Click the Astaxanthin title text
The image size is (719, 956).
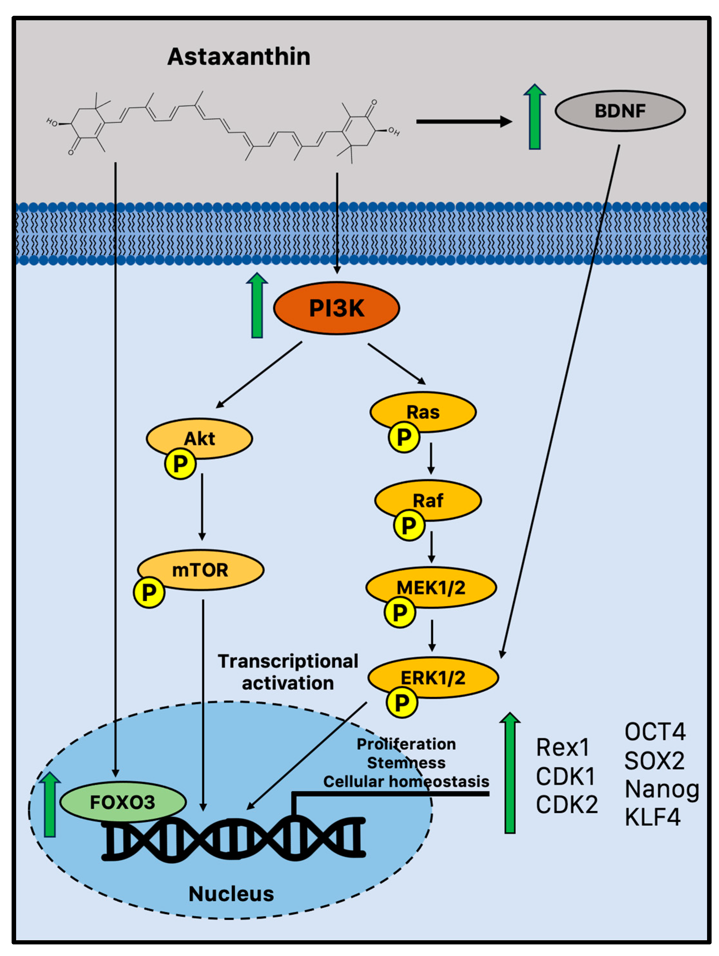pos(239,57)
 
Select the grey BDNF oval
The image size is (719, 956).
pos(620,110)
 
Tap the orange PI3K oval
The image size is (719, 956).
pos(337,308)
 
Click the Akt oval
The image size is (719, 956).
pos(200,438)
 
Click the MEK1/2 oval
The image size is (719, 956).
pos(431,587)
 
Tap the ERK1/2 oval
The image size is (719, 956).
pos(433,677)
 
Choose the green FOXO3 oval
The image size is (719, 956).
pos(123,802)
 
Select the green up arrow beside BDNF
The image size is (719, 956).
pos(535,117)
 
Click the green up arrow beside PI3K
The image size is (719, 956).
pos(257,305)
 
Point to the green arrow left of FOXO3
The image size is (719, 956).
pos(50,804)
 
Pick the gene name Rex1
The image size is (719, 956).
pos(562,747)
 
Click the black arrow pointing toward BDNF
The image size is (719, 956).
pos(464,122)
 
